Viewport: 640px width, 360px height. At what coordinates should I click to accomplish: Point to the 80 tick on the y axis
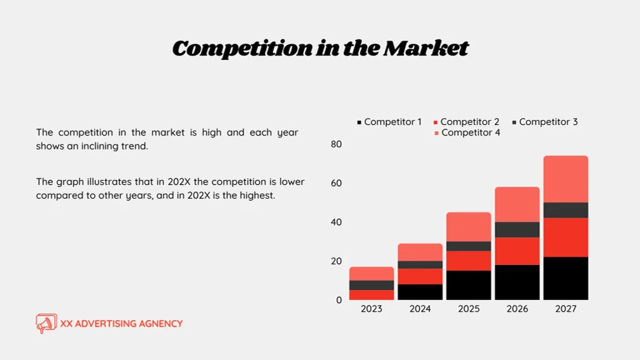336,144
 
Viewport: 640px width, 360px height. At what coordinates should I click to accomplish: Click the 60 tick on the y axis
336,183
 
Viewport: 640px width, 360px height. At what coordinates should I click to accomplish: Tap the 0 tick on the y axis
339,300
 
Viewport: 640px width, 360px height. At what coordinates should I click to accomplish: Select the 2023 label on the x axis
371,309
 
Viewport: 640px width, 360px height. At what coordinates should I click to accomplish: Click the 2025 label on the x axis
469,309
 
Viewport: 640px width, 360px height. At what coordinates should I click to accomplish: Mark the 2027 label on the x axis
566,309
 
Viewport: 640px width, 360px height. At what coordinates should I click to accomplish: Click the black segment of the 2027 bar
566,278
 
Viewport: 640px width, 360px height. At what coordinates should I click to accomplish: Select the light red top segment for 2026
517,204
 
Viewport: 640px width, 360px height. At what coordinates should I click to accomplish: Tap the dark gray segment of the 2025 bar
469,246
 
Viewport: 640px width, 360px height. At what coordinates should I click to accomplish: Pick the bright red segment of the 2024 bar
420,276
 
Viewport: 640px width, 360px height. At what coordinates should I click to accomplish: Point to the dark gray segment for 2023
371,285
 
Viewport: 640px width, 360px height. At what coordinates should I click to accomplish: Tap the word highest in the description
257,196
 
